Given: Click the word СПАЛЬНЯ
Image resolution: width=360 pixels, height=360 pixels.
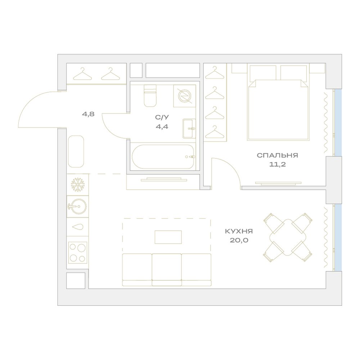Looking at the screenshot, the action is coord(277,156).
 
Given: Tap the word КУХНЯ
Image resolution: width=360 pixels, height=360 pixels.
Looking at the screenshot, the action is coord(239,231).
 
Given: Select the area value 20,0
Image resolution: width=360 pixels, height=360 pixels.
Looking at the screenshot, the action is coord(239,240).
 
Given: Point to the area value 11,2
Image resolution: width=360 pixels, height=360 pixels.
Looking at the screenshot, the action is coord(277,165).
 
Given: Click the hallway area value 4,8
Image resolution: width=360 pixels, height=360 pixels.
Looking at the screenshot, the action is coord(88,114).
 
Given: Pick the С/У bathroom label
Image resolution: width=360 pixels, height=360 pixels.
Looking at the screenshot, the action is coord(162,118).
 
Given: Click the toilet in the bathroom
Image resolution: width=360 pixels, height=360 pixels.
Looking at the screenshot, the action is coord(150,95).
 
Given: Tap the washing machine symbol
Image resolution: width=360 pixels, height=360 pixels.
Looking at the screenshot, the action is coord(185,96).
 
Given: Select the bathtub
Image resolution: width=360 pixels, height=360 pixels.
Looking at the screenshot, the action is coord(163,157).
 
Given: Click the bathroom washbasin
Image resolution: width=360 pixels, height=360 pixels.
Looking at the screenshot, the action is coord(189,129).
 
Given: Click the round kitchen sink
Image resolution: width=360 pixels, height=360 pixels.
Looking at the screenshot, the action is coord(78,206).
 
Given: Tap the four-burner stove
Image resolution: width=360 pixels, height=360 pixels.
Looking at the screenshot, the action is coord(78,253).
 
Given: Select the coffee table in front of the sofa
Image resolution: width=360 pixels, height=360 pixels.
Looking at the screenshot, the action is coord(168,237).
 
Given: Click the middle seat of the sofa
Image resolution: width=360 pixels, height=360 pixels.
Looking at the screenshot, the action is coord(167,270).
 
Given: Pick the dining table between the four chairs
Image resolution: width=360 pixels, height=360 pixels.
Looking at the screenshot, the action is coord(288,237).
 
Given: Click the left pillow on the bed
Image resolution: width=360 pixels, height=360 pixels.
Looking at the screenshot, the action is coord(263,73).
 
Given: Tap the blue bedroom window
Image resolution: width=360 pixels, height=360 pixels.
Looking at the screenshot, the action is coord(338,123).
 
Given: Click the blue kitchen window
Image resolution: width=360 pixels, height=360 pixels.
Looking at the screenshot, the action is coord(338,237).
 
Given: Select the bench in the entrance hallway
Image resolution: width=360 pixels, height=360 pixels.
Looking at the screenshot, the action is coord(76,152).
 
